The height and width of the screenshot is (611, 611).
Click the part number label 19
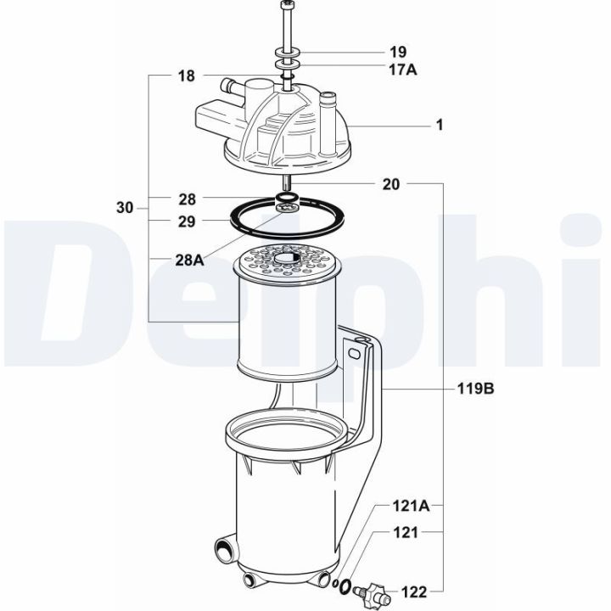coord(398,52)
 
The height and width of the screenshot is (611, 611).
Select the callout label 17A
coord(404,70)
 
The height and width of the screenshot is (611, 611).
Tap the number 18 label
coord(186,76)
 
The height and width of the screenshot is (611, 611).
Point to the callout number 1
coord(440,125)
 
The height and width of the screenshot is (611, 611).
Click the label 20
coord(391,182)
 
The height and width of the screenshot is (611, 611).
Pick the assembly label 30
coord(125,207)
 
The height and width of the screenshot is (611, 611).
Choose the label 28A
coord(189,261)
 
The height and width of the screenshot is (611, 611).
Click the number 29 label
coord(187,221)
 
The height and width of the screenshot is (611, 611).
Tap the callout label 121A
coord(411,507)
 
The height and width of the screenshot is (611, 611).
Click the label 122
coord(414,590)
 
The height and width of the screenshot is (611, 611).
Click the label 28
coord(187,199)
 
